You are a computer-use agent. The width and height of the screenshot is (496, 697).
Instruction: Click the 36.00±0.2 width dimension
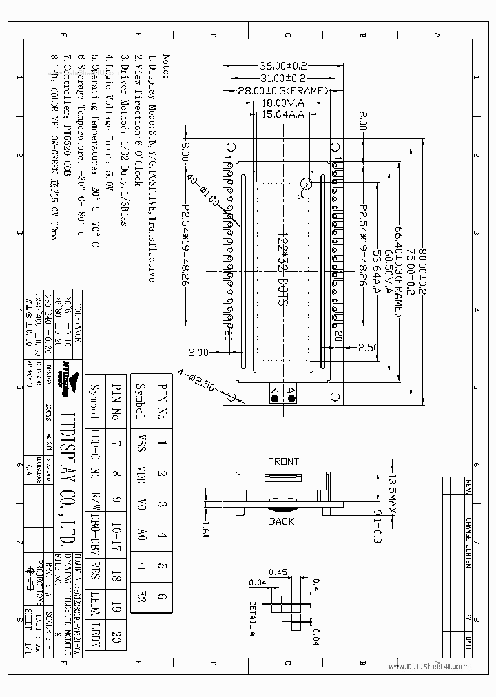[x=281, y=66]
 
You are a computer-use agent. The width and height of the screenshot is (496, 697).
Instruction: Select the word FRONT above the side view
[x=283, y=461]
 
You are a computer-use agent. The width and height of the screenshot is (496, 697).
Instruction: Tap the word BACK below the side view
[x=282, y=521]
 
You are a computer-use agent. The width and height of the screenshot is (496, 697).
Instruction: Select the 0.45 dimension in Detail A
[x=278, y=572]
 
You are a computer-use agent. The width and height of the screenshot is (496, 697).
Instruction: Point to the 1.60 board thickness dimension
[x=205, y=530]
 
